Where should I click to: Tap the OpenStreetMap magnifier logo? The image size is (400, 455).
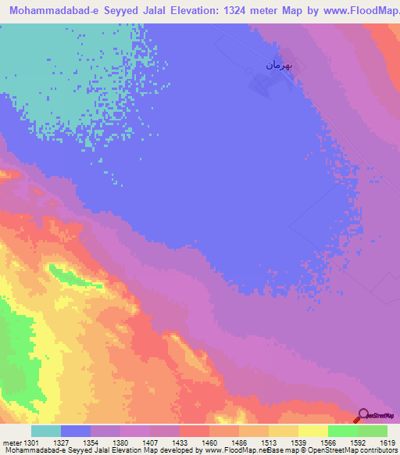[x=362, y=417]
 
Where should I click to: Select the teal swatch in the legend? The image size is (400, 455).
[x=46, y=431]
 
